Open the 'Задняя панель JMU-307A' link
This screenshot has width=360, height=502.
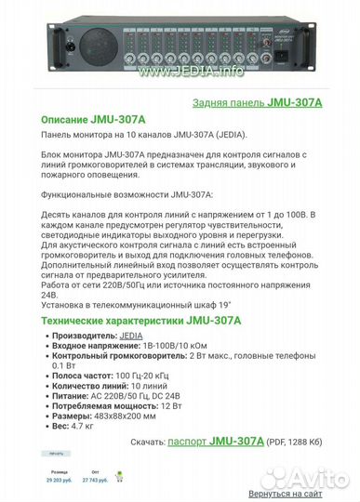click(258, 104)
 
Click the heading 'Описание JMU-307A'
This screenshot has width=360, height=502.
click(89, 120)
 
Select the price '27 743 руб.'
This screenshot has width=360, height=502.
click(96, 481)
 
